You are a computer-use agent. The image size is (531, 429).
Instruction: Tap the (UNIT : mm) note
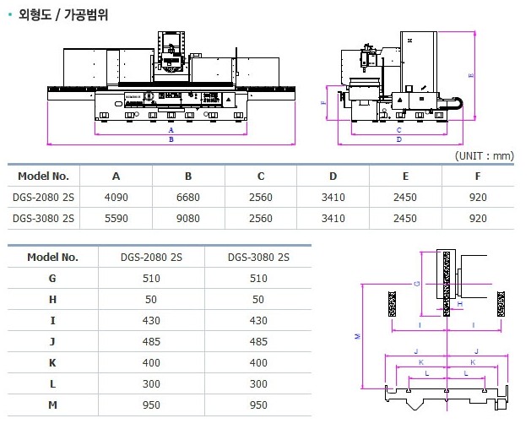484,156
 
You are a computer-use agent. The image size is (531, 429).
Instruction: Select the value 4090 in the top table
116,197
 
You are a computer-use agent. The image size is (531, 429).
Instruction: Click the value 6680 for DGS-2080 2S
188,197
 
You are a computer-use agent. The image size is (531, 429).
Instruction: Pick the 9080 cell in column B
188,219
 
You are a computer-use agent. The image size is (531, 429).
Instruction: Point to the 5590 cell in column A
116,219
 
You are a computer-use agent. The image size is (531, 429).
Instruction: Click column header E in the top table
405,176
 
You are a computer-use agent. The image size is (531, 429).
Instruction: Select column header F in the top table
478,176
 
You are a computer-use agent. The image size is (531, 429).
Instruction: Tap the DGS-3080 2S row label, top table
44,219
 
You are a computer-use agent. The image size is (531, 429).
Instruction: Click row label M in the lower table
52,405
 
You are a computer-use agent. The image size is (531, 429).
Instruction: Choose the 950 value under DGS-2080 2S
153,405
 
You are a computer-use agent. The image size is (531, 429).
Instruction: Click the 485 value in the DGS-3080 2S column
258,341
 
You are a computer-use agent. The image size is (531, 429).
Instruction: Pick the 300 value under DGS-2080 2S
153,383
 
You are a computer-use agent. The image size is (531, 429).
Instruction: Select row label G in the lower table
52,278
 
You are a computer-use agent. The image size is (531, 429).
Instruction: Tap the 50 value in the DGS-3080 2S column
258,299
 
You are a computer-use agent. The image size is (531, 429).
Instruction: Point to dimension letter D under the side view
398,140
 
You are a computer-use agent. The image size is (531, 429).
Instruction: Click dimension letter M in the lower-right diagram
358,336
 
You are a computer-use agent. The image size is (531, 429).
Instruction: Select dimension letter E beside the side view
471,75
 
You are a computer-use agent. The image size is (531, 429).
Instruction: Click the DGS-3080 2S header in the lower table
258,257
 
